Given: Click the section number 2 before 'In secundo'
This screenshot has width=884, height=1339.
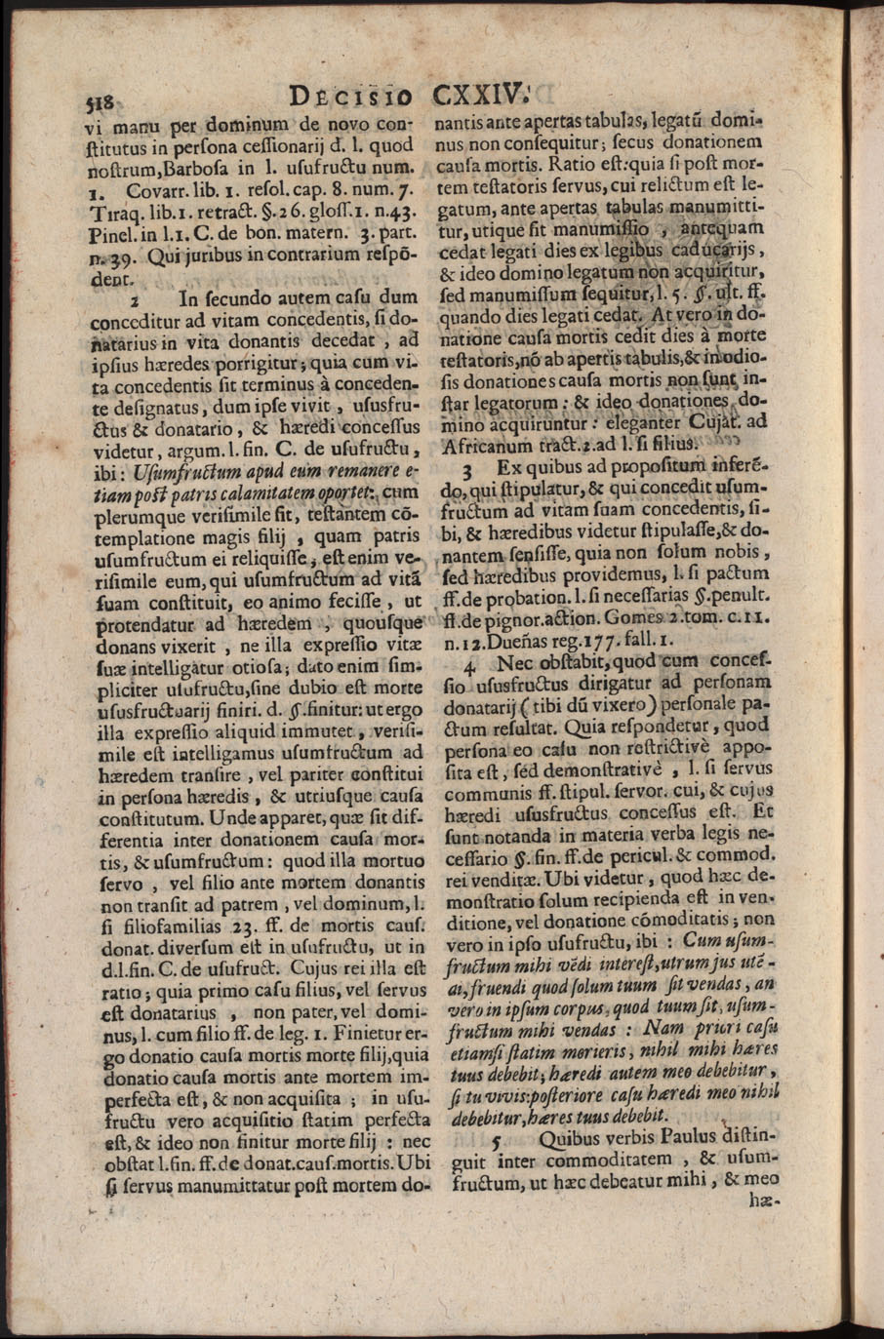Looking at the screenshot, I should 135,300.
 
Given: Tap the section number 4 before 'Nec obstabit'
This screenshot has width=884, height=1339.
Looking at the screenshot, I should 469,666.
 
